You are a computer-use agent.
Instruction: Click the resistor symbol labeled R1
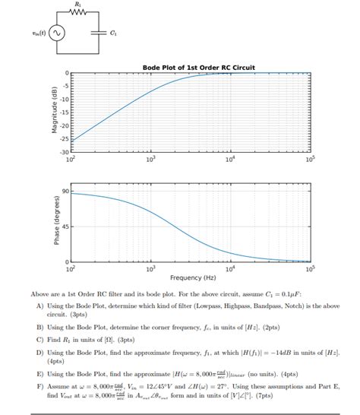point(80,13)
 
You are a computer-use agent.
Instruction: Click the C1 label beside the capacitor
point(114,33)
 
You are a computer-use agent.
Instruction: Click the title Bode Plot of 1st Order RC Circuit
point(199,67)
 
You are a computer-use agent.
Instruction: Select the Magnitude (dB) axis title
point(55,112)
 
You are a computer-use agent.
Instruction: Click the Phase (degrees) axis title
point(55,224)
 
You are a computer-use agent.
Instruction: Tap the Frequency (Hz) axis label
point(191,277)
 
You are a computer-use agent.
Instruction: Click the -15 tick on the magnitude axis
point(65,112)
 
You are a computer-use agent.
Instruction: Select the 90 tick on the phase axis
point(65,191)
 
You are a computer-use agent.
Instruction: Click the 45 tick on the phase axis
point(65,227)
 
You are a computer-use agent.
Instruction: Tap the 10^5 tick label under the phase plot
point(309,268)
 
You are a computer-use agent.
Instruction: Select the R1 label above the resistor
point(80,5)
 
